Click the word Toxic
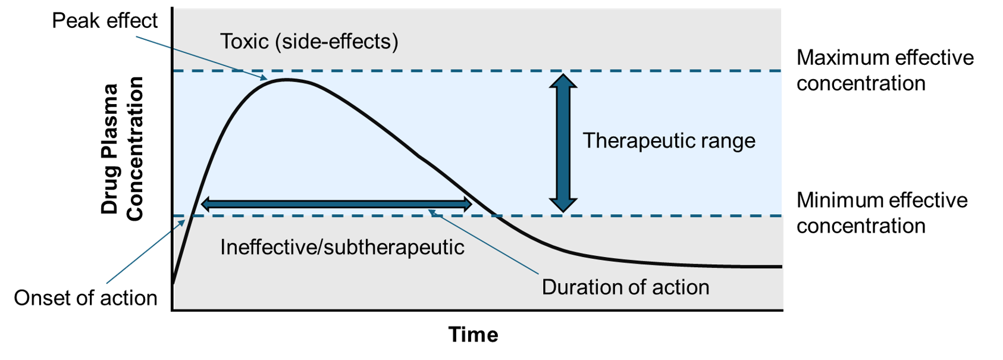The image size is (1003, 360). (x=245, y=42)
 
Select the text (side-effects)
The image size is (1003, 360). (x=337, y=42)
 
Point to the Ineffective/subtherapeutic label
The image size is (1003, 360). (x=342, y=248)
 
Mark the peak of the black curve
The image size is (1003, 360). (x=287, y=80)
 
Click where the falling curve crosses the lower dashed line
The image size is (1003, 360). (x=493, y=215)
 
